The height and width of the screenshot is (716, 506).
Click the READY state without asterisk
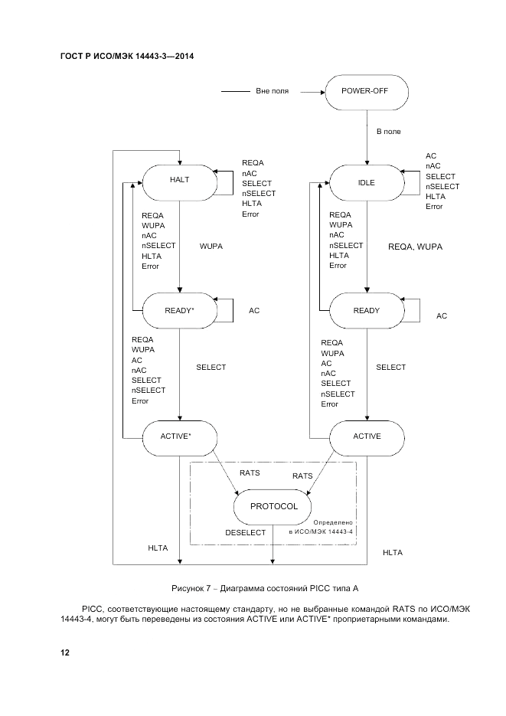[366, 310]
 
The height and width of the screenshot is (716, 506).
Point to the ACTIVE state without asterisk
[366, 436]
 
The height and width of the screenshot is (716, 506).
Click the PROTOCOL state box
[273, 506]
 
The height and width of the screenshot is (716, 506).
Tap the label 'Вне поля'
[272, 91]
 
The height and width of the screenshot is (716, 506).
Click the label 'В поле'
[388, 132]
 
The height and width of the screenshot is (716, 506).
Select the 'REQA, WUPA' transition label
[416, 247]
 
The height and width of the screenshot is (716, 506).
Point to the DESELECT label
[245, 532]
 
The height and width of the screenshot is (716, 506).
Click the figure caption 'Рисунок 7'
[264, 588]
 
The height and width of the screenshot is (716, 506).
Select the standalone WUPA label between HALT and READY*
[211, 247]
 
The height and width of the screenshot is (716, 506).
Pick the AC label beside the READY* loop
[254, 311]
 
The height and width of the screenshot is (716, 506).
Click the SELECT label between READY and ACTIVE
[390, 368]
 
